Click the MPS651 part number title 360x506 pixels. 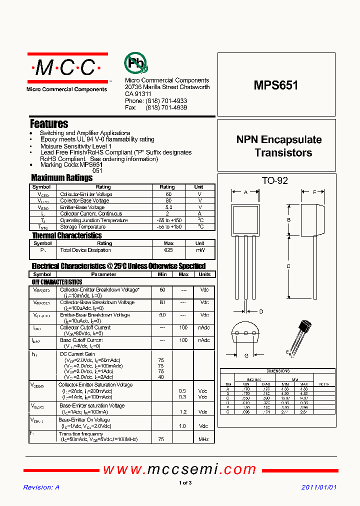click(x=275, y=85)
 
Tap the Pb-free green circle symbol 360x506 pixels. click(x=136, y=63)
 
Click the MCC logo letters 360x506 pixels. click(x=67, y=68)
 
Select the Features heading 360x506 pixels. click(x=49, y=123)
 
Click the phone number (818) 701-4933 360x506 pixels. click(x=166, y=100)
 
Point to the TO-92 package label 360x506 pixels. click(x=275, y=180)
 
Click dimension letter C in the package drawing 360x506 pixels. click(x=288, y=266)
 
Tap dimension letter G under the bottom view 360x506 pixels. click(x=246, y=355)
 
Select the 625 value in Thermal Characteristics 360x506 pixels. click(x=168, y=249)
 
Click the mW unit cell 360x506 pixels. click(x=200, y=249)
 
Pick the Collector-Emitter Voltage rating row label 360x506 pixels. click(x=86, y=194)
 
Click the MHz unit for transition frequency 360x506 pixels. click(x=203, y=439)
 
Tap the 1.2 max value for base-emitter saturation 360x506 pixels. click(x=183, y=411)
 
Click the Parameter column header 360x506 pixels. click(x=103, y=274)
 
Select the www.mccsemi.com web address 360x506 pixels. click(x=179, y=469)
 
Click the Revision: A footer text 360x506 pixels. click(x=41, y=487)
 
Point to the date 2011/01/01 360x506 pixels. click(x=319, y=487)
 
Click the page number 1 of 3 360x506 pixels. click(x=185, y=482)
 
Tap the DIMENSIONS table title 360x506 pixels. click(x=278, y=371)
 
